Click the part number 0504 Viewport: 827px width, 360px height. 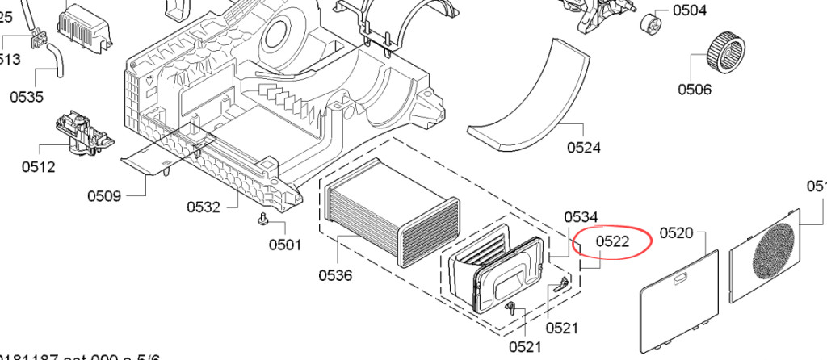(689, 10)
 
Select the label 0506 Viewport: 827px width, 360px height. (695, 89)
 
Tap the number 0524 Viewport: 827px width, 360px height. (583, 147)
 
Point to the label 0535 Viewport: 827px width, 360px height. (27, 97)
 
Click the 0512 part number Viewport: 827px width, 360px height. (38, 167)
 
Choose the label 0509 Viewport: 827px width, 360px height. (104, 195)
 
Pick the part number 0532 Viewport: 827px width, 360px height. (204, 207)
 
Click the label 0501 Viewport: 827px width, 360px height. (285, 245)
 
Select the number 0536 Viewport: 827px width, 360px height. (335, 275)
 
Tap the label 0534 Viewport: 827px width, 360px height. (581, 216)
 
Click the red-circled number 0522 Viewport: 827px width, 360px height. (613, 241)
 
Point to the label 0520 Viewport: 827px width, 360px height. (677, 233)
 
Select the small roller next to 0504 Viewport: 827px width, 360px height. (650, 23)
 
